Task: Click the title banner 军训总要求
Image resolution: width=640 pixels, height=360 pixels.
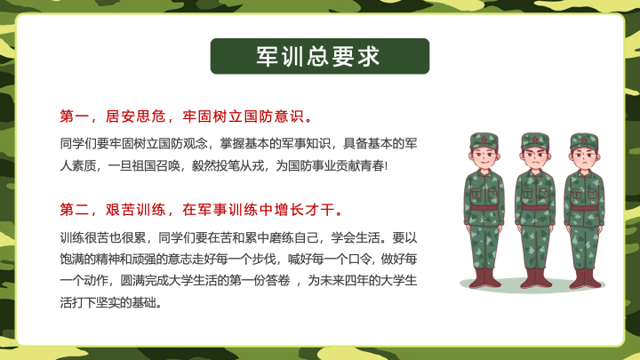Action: click(x=320, y=56)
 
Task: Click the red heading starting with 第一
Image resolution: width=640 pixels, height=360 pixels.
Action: click(x=187, y=116)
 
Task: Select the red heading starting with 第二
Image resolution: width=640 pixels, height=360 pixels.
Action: click(x=202, y=210)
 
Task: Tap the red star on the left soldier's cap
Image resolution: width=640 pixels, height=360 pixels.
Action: click(x=484, y=140)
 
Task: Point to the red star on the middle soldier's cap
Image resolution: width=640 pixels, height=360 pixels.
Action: click(x=535, y=140)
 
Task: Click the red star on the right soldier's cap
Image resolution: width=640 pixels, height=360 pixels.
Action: click(x=584, y=140)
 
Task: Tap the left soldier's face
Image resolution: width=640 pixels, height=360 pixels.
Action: click(x=484, y=156)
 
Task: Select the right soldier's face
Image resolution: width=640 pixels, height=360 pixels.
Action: click(x=585, y=157)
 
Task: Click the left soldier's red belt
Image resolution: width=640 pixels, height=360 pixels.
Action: click(x=484, y=208)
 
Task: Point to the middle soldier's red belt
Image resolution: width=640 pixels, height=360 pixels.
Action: click(x=535, y=208)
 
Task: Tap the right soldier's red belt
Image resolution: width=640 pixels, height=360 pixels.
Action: click(x=585, y=208)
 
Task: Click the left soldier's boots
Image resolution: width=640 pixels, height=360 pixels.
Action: click(x=485, y=278)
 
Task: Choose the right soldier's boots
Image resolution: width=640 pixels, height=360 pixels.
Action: click(x=586, y=278)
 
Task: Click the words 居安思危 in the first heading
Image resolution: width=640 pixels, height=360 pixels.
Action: click(x=135, y=116)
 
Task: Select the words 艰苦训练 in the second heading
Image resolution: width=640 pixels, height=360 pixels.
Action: click(x=135, y=210)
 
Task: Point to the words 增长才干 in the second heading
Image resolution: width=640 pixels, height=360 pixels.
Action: click(x=305, y=210)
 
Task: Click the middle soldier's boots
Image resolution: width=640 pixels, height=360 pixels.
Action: click(x=535, y=278)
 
